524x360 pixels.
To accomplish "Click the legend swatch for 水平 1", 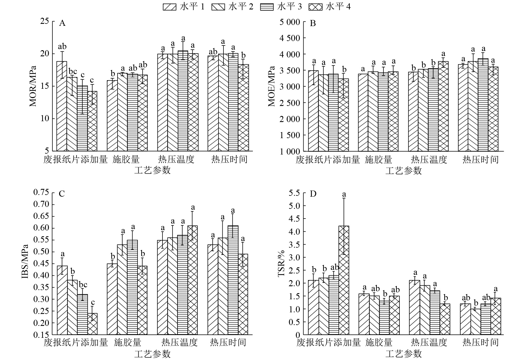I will [169, 7].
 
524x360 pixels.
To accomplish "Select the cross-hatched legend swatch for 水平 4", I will [316, 7].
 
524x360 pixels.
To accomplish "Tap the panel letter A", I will [62, 23].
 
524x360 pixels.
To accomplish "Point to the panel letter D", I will [313, 194].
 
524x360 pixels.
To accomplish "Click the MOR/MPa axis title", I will [33, 86].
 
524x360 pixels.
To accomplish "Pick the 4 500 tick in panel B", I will [289, 38].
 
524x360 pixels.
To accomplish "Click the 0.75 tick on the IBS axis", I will [41, 192].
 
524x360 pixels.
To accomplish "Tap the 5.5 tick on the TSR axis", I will [294, 193].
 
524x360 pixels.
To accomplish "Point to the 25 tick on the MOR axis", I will [45, 21].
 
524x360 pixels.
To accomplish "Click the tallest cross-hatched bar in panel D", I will [344, 280].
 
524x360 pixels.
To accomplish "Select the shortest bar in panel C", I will [92, 324].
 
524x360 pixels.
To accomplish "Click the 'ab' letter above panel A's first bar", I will [62, 47].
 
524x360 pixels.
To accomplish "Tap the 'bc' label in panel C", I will [83, 285].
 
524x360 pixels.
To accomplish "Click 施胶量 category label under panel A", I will [126, 159].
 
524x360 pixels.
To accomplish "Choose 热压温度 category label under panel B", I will [429, 159].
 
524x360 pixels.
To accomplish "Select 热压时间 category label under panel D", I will [480, 343].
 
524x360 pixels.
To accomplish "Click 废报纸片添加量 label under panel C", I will [75, 343].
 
